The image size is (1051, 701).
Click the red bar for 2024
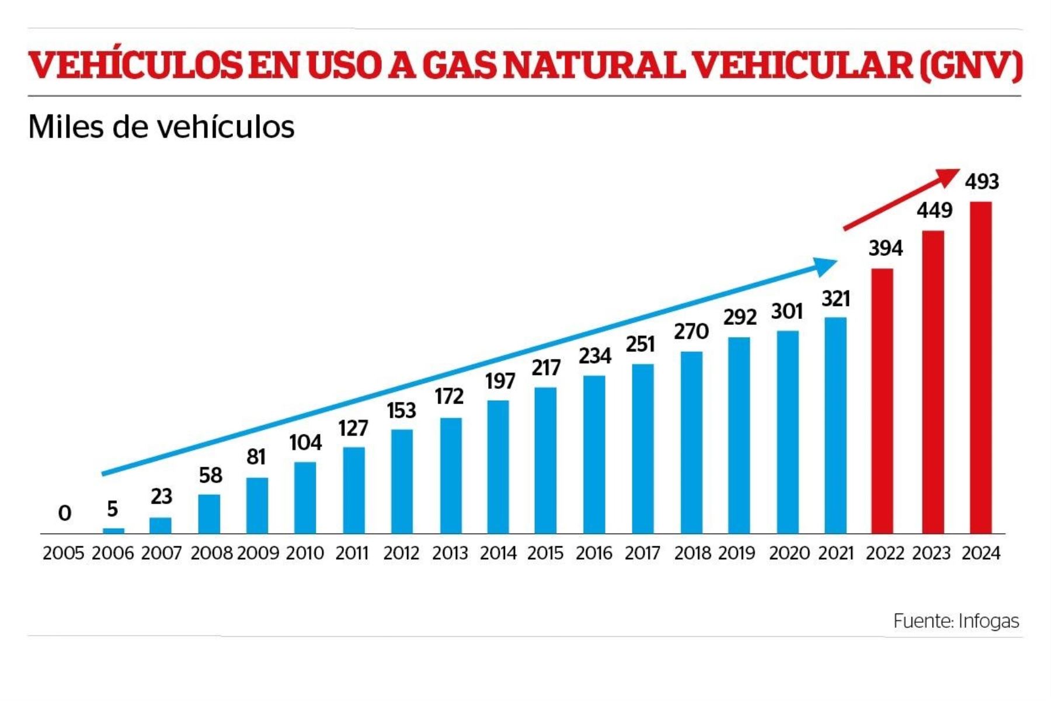click(x=981, y=367)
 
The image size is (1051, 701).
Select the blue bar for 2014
click(x=498, y=467)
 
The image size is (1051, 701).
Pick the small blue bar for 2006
click(x=113, y=530)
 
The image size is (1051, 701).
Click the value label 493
click(x=982, y=182)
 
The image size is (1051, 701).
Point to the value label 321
click(x=836, y=299)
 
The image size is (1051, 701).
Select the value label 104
click(x=305, y=443)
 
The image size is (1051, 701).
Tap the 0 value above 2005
click(x=65, y=513)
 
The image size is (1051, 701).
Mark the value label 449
click(x=934, y=210)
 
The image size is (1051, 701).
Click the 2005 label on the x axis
click(x=64, y=553)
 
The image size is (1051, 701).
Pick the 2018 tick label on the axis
click(x=692, y=553)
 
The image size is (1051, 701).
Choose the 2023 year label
click(x=932, y=553)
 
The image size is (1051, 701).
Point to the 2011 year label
click(x=352, y=553)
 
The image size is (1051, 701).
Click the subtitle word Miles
click(x=65, y=127)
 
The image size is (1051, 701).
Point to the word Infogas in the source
click(x=989, y=621)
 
